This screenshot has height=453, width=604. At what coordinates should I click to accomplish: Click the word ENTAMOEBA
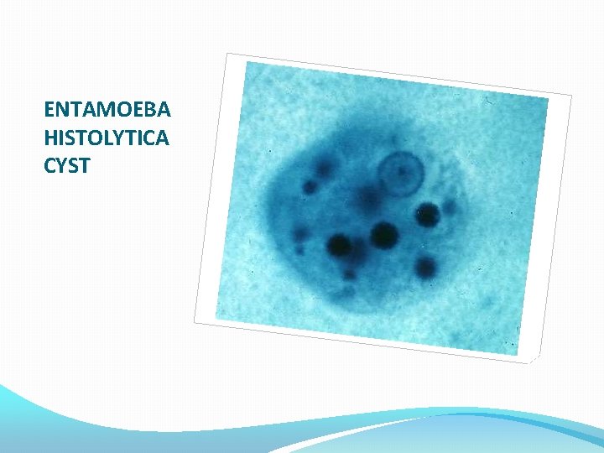pyautogui.click(x=107, y=110)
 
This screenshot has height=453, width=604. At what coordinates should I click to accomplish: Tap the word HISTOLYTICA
pyautogui.click(x=107, y=138)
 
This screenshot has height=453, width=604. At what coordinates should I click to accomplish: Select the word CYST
pyautogui.click(x=66, y=165)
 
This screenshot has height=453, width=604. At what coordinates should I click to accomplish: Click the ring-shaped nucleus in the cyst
pyautogui.click(x=398, y=174)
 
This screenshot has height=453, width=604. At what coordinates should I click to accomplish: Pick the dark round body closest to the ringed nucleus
pyautogui.click(x=427, y=215)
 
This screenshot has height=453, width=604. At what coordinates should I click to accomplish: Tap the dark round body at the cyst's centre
pyautogui.click(x=383, y=235)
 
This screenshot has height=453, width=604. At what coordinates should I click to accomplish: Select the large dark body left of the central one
pyautogui.click(x=340, y=246)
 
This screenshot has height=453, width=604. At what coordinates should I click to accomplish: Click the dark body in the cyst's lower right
pyautogui.click(x=425, y=268)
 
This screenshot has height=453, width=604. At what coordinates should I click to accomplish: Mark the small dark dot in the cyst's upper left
pyautogui.click(x=310, y=186)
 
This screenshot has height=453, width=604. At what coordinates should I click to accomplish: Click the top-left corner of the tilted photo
pyautogui.click(x=227, y=54)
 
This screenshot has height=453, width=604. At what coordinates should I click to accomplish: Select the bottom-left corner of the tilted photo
pyautogui.click(x=195, y=322)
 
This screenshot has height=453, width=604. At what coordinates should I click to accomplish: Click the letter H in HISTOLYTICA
pyautogui.click(x=50, y=138)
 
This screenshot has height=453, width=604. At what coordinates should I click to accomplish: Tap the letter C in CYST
pyautogui.click(x=50, y=165)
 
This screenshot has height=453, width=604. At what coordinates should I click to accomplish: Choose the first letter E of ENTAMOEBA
pyautogui.click(x=49, y=110)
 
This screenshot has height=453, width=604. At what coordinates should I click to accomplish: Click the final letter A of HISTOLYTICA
pyautogui.click(x=162, y=138)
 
